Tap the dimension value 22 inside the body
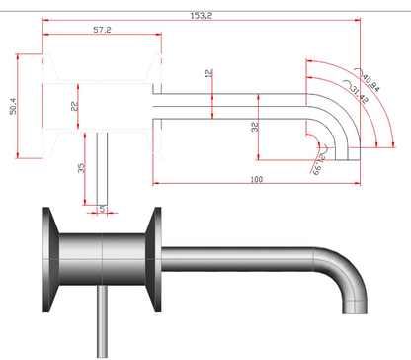pos(75,106)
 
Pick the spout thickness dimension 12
pos(207,74)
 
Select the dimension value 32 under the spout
pos(255,127)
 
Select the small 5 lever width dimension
pos(102,206)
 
